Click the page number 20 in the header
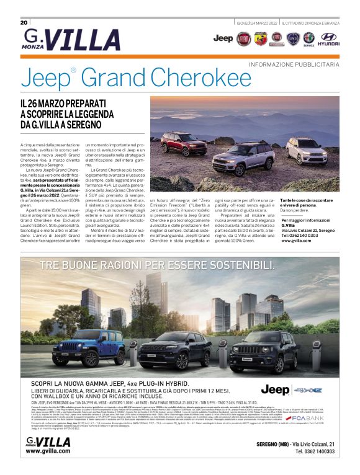[x=24, y=22]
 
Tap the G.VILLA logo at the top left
[x=58, y=40]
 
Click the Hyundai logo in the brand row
[x=328, y=40]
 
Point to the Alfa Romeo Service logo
[x=308, y=40]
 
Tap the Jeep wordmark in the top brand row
[x=223, y=38]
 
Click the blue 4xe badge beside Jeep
[x=308, y=390]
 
